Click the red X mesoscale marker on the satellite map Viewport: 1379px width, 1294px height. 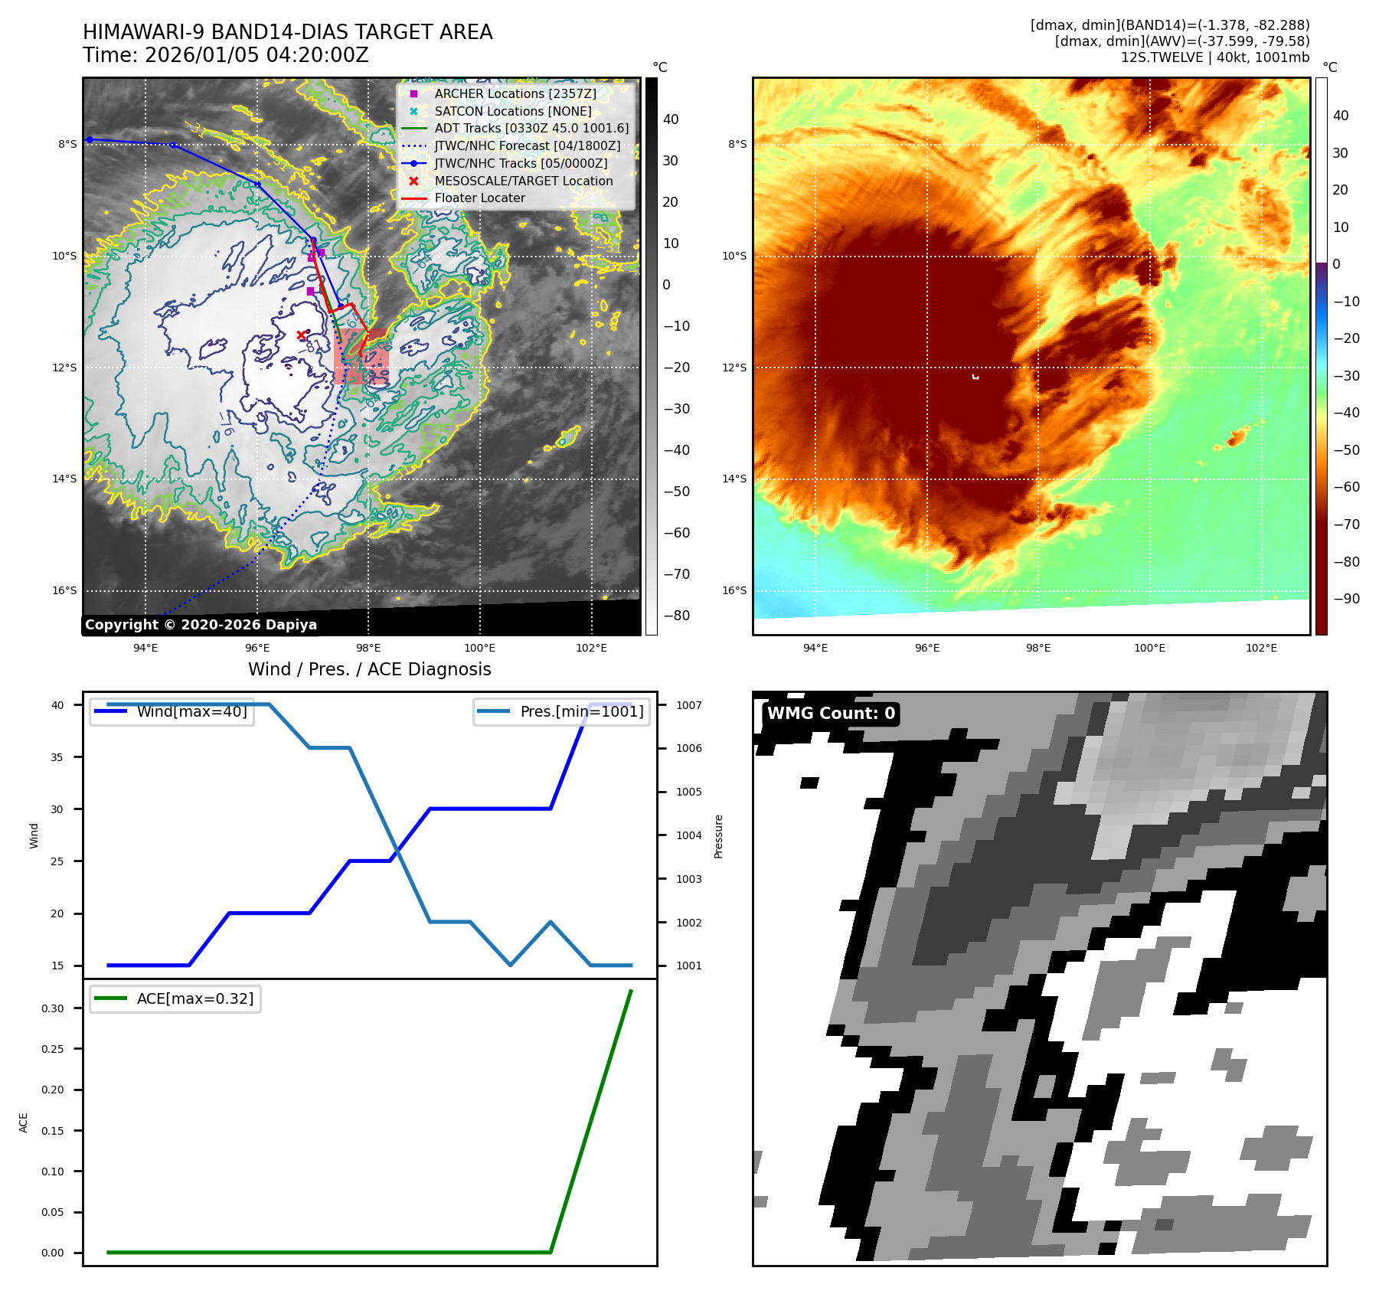301,335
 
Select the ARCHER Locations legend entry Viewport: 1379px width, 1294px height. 515,93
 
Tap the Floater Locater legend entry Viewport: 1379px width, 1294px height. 479,198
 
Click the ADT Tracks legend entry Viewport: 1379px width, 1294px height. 531,128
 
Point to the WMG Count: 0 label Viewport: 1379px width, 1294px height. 831,714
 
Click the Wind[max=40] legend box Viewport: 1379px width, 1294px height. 172,711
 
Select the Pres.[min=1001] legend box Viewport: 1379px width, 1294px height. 561,711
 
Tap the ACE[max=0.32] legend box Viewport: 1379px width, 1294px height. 175,998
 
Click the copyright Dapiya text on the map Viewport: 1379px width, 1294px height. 201,625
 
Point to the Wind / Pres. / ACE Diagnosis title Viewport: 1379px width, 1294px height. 369,669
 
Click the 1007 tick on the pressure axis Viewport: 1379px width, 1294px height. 688,705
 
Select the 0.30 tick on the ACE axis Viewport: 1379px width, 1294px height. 53,1008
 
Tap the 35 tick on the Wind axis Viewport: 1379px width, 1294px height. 57,757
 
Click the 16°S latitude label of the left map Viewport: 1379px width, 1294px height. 64,590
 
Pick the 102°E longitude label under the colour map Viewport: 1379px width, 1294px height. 1261,648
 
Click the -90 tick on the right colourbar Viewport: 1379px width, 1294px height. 1346,599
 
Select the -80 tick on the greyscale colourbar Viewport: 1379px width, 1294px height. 676,616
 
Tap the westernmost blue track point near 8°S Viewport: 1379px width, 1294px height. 90,139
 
